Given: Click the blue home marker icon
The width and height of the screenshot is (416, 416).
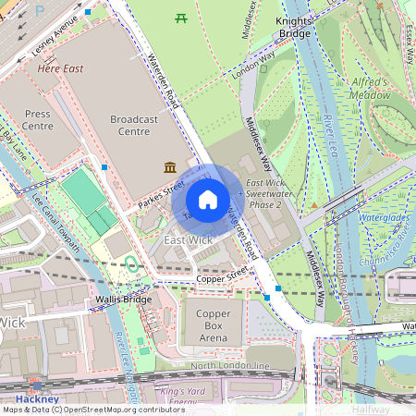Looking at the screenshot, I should click(x=208, y=199).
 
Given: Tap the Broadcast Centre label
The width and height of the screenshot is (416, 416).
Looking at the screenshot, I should click(x=134, y=126).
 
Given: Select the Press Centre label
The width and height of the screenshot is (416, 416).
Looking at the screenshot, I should click(x=38, y=120).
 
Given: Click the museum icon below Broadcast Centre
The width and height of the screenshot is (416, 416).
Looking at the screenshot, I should click(x=170, y=166).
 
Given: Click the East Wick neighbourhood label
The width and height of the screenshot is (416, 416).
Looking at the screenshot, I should click(x=188, y=240).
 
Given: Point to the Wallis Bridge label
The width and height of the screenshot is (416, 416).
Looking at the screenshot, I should click(x=116, y=300).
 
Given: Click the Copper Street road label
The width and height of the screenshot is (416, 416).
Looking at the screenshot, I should click(x=223, y=278).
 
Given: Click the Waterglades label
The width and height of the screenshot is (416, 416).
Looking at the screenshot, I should click(x=383, y=218).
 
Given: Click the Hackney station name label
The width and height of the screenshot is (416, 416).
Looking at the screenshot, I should click(x=37, y=398).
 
